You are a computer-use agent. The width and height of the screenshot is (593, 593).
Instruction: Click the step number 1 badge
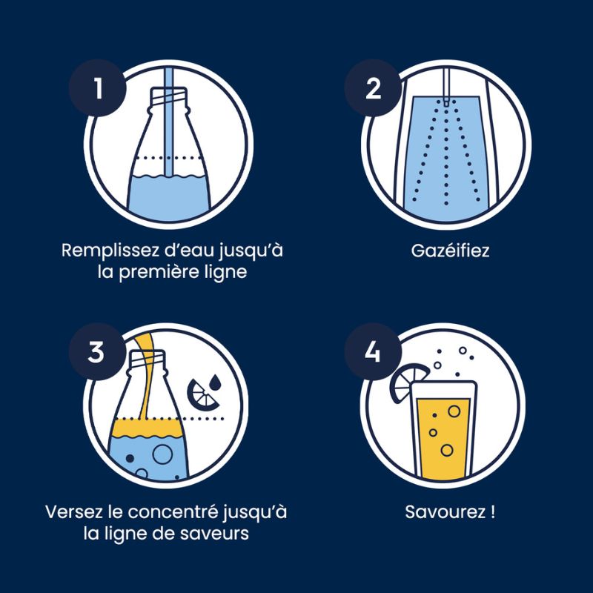97,87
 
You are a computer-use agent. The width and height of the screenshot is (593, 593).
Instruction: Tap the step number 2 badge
373,87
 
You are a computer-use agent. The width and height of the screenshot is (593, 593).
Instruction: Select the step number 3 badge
97,351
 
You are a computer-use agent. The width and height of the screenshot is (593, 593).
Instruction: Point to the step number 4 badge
373,351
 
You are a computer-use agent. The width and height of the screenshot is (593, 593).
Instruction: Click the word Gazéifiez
450,251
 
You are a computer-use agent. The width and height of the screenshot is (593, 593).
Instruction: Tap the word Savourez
445,512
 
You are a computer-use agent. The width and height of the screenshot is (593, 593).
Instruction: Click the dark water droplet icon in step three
215,382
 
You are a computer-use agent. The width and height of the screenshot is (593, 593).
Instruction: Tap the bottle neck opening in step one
169,91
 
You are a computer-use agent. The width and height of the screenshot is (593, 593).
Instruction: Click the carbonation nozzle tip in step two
446,102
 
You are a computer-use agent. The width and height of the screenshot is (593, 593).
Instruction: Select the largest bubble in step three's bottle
162,454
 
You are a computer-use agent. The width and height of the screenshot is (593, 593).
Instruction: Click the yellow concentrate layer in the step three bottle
147,428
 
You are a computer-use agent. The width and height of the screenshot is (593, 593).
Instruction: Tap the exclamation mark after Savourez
492,512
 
